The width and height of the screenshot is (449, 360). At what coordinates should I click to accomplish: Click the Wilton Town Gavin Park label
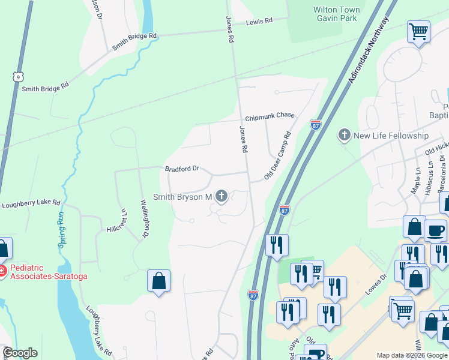[336, 14]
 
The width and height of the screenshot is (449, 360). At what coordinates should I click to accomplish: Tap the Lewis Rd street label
[259, 21]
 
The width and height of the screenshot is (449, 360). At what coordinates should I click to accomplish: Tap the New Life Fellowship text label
[391, 136]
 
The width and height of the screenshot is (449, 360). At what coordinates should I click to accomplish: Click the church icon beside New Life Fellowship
[345, 135]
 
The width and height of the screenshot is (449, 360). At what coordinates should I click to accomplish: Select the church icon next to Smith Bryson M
[221, 196]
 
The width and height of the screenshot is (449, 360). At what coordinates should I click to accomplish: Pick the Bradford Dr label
[182, 169]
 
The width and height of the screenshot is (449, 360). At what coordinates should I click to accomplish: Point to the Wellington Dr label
[145, 219]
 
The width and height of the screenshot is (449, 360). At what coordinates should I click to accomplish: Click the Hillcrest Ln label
[118, 220]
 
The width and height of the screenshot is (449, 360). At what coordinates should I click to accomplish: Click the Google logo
[20, 353]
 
